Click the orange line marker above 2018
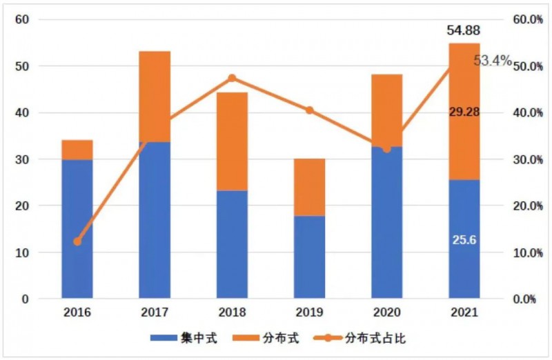[232, 78]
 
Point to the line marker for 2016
[77, 241]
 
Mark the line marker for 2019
[309, 110]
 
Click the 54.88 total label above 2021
[464, 30]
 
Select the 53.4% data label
[493, 61]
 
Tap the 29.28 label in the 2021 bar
[464, 111]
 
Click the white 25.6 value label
[464, 239]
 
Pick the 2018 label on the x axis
[232, 314]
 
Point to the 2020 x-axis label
[386, 314]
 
